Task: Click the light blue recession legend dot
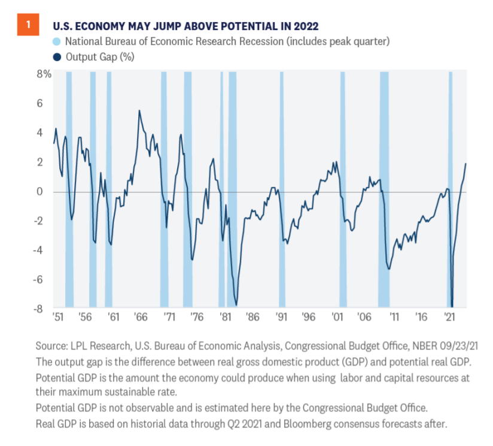point(56,41)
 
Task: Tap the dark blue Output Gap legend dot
point(56,57)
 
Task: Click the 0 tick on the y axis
point(46,192)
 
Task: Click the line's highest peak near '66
point(139,110)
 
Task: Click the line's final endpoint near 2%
point(465,164)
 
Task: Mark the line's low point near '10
point(389,269)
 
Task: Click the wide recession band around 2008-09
point(384,189)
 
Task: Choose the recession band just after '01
point(343,189)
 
